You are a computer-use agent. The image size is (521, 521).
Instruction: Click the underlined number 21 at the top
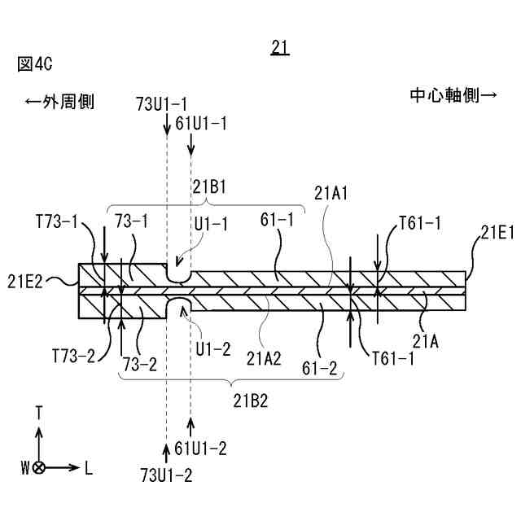[x=280, y=48]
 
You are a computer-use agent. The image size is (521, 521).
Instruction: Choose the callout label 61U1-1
[x=200, y=124]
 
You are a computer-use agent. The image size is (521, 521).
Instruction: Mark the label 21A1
[x=331, y=194]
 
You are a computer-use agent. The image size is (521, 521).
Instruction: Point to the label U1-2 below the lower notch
[x=213, y=348]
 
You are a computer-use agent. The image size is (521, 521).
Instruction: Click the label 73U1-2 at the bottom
[x=166, y=475]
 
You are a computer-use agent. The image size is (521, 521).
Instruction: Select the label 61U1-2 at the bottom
[x=200, y=449]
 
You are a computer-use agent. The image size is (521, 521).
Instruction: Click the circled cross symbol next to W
[x=39, y=468]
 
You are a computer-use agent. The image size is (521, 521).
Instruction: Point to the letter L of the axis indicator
[x=88, y=468]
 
